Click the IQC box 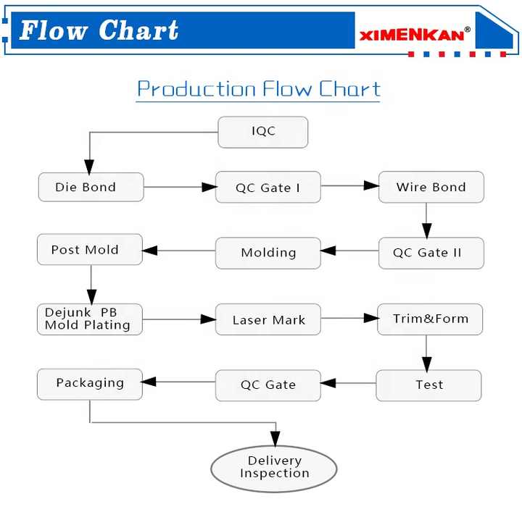pos(263,132)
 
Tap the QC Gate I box pos(268,188)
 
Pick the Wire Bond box pos(431,187)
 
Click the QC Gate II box pos(431,253)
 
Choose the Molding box pos(268,253)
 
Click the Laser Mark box pos(268,319)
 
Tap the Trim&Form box pos(430,319)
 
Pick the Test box pos(428,385)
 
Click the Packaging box pos(90,383)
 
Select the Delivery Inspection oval pos(274,468)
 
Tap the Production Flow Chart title pos(259,89)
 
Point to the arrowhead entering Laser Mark pos(208,319)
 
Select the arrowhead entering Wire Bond pos(370,186)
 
